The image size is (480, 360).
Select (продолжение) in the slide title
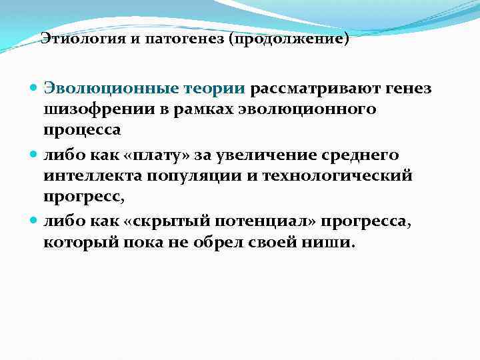pos(289,39)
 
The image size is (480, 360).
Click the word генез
pos(406,89)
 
